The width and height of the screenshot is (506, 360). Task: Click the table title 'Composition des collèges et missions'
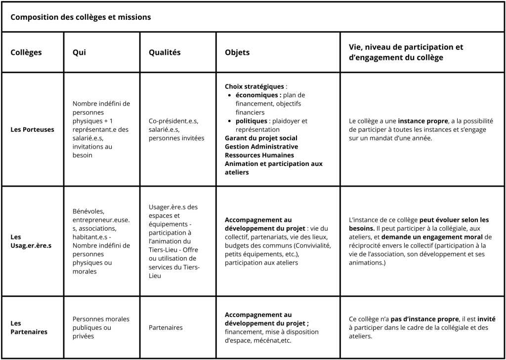(81, 17)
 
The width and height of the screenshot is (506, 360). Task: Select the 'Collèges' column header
(26, 52)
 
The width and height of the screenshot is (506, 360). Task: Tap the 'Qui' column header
(79, 52)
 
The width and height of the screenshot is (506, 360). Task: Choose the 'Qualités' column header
(165, 52)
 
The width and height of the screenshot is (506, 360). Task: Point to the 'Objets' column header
(237, 52)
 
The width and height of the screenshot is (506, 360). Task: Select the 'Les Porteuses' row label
(32, 129)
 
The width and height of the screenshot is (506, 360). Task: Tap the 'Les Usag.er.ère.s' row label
(31, 241)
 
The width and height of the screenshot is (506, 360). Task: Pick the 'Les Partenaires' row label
(29, 327)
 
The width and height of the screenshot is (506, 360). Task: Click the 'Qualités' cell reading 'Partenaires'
(166, 327)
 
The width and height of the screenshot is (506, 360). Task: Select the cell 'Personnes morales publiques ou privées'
(94, 327)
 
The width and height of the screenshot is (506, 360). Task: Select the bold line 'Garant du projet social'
(261, 138)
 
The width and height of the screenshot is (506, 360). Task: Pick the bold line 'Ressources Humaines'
(259, 155)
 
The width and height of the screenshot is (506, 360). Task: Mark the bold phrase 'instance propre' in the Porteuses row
(420, 121)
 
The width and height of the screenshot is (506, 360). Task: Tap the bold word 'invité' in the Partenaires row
(486, 319)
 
